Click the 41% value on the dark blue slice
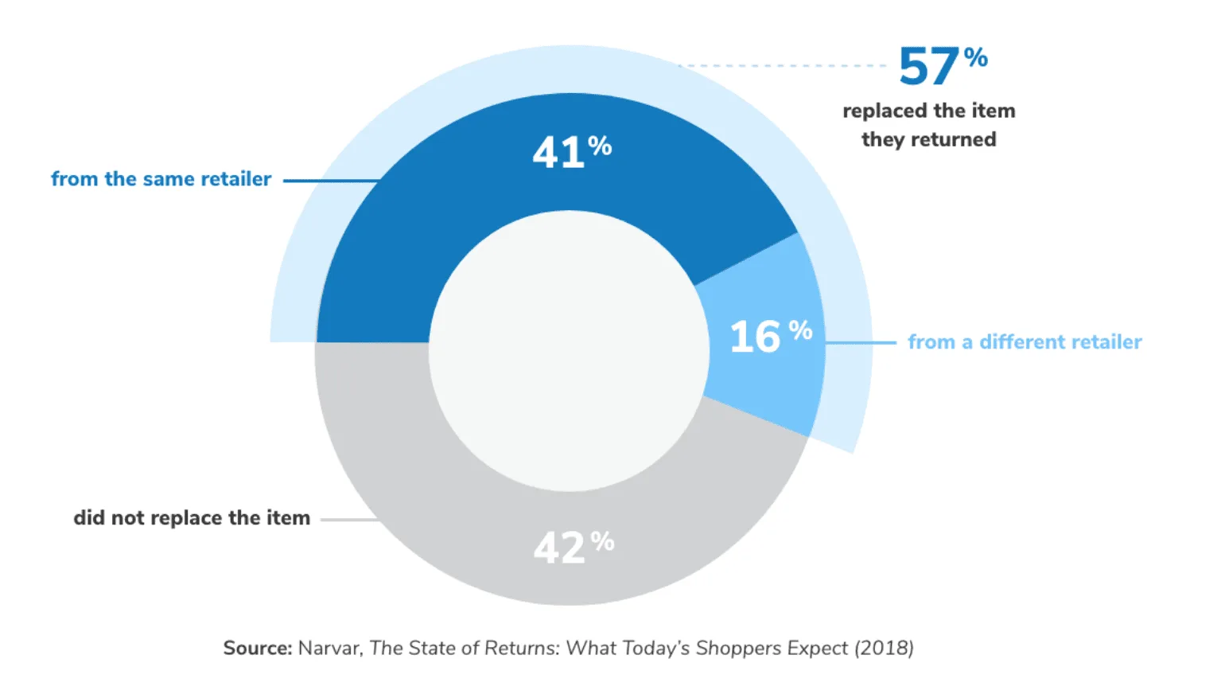571,151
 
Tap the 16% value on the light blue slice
770,336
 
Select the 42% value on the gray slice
573,548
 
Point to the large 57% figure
943,65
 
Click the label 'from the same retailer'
161,179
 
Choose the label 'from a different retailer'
1025,342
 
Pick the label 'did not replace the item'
192,518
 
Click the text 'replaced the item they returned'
929,125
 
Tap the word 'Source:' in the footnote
258,648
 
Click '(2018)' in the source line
884,648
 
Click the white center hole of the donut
569,350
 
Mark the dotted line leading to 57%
784,65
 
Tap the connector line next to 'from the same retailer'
330,181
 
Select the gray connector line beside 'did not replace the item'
348,520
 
